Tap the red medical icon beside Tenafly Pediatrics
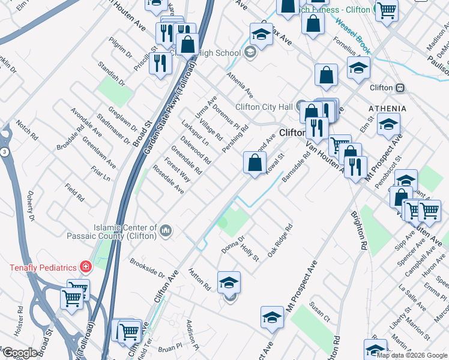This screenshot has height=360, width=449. point(86,266)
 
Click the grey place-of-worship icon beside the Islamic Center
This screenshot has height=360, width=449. point(166,230)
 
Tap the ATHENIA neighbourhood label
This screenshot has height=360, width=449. point(387,109)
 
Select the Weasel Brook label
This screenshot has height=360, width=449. point(351,35)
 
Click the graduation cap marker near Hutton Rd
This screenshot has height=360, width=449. point(229,283)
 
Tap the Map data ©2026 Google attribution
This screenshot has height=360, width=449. point(412,355)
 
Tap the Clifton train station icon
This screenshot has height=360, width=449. point(399,88)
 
